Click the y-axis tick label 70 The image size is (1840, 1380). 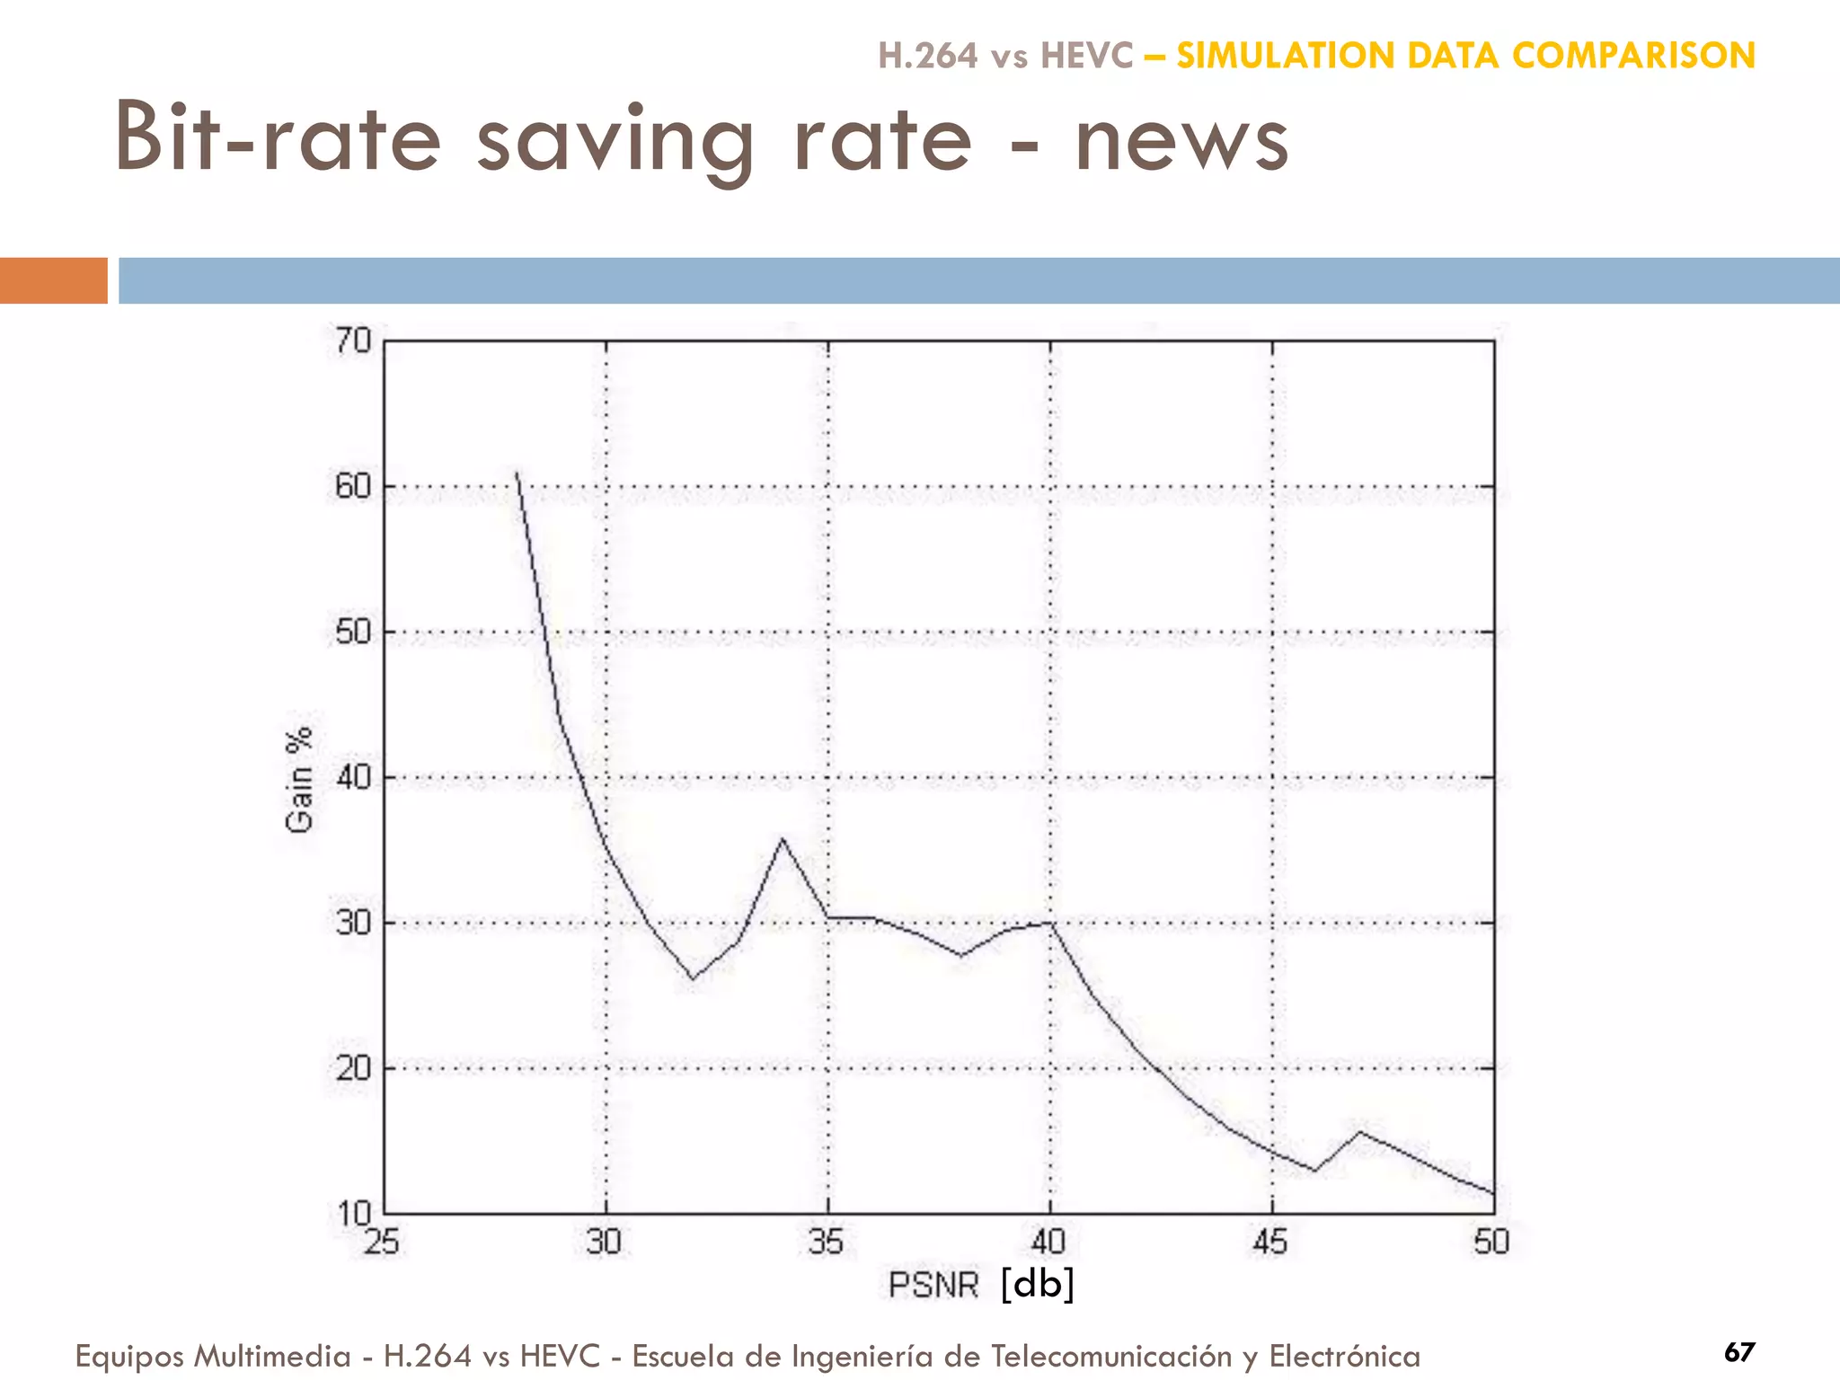point(352,341)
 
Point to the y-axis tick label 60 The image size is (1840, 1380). point(352,487)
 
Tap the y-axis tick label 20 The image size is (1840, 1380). point(352,1069)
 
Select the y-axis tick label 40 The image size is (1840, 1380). point(352,778)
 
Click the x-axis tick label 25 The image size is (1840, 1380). point(381,1243)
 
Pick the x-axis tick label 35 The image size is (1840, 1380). point(826,1243)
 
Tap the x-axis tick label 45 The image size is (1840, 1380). point(1269,1243)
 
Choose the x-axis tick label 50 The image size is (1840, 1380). point(1491,1243)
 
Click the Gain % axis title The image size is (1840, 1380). point(299,779)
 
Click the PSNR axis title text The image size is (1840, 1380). point(933,1286)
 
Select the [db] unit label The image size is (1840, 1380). point(1038,1284)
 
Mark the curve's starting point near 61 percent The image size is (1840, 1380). point(517,473)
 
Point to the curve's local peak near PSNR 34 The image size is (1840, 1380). point(783,839)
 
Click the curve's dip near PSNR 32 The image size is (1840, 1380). point(692,978)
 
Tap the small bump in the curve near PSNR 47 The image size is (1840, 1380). point(1359,1131)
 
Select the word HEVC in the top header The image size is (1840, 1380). point(1086,56)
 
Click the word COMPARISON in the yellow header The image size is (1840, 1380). point(1632,56)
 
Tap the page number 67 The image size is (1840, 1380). point(1739,1352)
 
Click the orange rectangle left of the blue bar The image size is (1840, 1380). point(53,280)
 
